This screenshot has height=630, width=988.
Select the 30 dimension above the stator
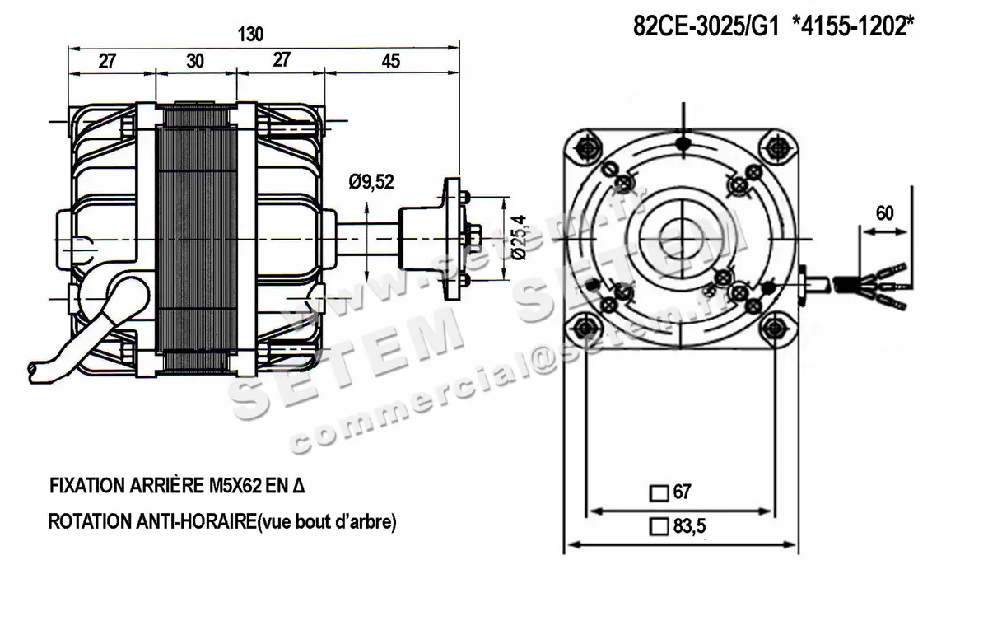[x=195, y=62]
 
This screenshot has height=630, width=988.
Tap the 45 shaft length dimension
[x=390, y=62]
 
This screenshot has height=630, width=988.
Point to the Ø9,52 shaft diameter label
[x=370, y=183]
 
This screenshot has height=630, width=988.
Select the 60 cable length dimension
[x=884, y=212]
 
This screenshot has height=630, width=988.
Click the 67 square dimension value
[x=682, y=492]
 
